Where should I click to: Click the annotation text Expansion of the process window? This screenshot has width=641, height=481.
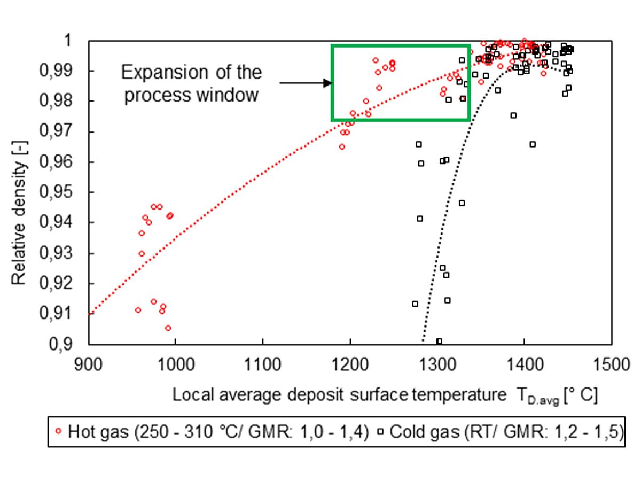192,84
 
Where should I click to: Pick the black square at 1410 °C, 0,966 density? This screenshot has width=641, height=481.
533,144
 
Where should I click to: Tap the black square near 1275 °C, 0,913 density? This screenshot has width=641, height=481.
415,304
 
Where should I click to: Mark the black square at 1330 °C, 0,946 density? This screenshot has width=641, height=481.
462,203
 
